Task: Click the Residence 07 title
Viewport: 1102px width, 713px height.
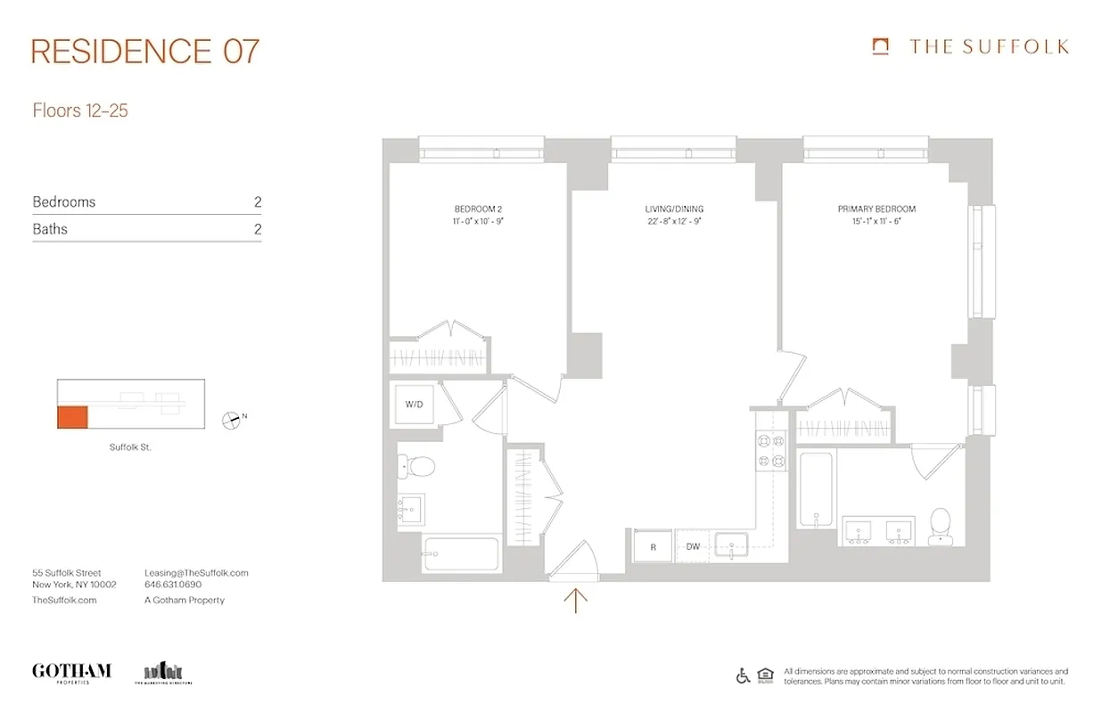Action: click(145, 51)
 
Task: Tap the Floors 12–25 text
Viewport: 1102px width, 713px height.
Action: click(80, 111)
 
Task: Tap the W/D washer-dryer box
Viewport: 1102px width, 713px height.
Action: click(414, 405)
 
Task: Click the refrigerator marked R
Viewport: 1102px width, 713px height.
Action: click(653, 547)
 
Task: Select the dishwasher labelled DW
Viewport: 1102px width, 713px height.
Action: click(692, 547)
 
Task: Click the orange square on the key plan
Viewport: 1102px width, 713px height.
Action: click(72, 416)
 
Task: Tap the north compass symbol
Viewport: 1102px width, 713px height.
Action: click(232, 418)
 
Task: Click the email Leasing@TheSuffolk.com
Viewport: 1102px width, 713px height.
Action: click(196, 573)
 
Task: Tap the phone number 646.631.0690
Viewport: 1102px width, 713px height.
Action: click(173, 586)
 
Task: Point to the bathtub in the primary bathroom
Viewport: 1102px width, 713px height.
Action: click(816, 490)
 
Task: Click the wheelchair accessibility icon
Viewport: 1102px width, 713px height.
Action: click(743, 676)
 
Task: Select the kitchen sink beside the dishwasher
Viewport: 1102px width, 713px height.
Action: click(731, 545)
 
